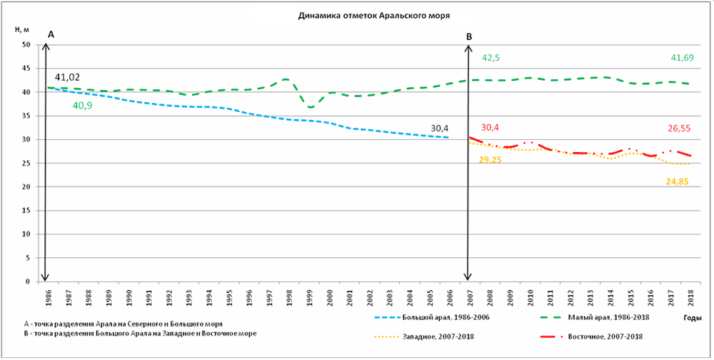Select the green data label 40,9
84,105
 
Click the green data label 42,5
491,58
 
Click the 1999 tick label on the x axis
310,296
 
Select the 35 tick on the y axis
26,116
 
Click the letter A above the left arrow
50,34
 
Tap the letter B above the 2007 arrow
469,36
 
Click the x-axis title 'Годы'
690,316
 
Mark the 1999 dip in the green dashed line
311,107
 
